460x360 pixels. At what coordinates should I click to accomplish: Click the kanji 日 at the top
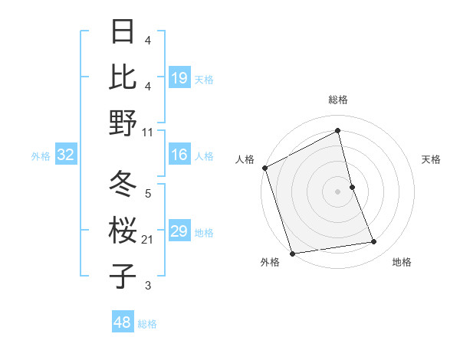coord(123,32)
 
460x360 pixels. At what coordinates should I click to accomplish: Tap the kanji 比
coord(123,77)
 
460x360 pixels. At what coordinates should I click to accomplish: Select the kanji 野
coord(123,122)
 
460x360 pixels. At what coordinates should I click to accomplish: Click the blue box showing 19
coord(179,78)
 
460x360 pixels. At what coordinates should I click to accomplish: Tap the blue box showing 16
coord(179,155)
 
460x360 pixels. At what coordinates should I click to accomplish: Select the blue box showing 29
coord(179,232)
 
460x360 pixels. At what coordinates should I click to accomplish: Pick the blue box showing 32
coord(65,155)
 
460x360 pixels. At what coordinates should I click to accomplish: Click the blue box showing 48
coord(122,322)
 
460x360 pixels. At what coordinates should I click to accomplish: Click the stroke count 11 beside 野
coord(147,132)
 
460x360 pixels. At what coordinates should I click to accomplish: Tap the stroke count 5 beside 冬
coord(147,195)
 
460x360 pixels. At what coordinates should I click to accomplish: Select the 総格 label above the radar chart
coord(337,100)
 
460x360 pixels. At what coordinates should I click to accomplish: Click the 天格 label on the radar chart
coord(431,159)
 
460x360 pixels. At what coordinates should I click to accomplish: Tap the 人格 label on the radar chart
coord(245,159)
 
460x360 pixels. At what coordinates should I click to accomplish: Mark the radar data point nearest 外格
coord(292,254)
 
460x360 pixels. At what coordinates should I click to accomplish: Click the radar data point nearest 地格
coord(374,242)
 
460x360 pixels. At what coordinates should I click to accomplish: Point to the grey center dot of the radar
coord(337,191)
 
